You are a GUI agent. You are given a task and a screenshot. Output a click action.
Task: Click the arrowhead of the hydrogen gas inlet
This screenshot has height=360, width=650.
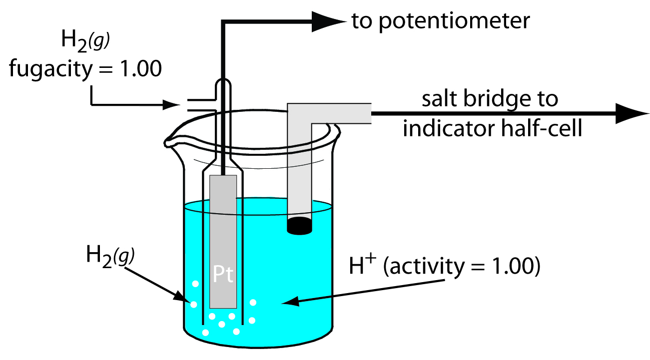(173, 105)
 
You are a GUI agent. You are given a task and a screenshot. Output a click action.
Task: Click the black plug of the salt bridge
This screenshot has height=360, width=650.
(300, 226)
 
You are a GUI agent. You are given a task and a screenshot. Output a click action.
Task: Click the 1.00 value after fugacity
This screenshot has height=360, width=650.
(140, 69)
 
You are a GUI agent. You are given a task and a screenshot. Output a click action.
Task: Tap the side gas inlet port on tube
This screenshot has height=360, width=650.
(197, 105)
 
